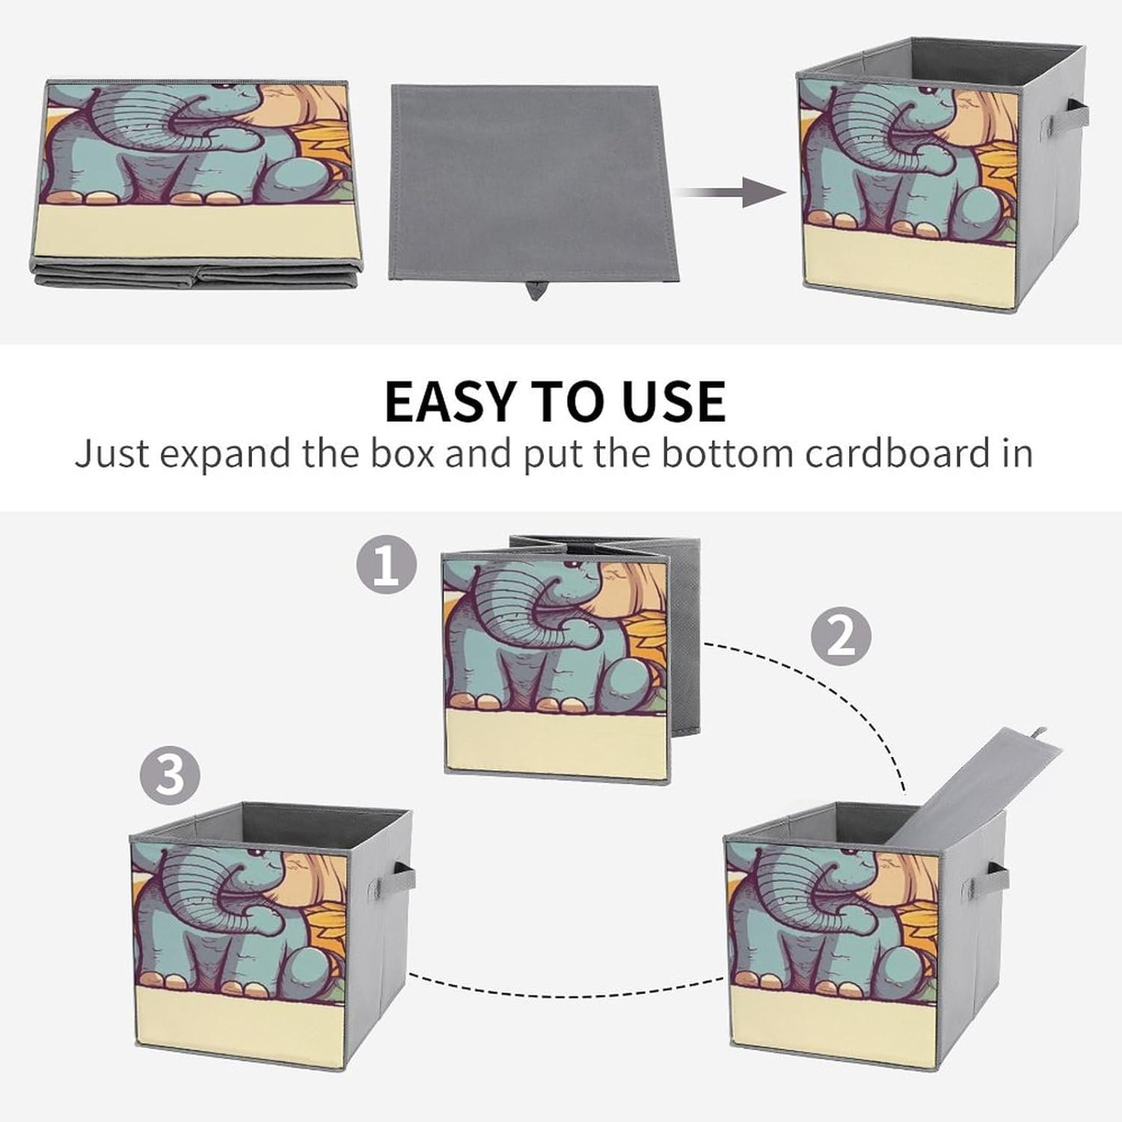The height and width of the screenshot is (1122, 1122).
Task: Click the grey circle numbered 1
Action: tap(386, 565)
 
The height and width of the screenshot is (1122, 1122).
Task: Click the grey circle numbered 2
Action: tap(841, 637)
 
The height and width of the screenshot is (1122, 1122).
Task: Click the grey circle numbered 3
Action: tap(171, 774)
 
